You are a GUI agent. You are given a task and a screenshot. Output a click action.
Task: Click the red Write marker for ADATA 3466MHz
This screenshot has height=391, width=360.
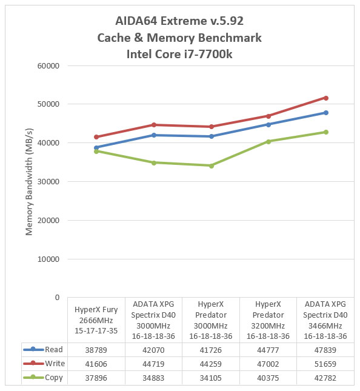pyautogui.click(x=325, y=98)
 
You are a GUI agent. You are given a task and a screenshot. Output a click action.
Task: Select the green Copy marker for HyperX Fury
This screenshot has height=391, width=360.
pyautogui.click(x=96, y=152)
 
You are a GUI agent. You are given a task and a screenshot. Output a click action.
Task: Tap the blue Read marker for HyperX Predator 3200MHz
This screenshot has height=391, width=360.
pyautogui.click(x=268, y=124)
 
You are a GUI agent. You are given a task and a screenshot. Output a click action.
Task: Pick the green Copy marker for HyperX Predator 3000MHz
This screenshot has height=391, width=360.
pyautogui.click(x=211, y=166)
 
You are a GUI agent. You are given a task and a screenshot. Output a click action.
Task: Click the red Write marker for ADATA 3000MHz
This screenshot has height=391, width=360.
pyautogui.click(x=154, y=125)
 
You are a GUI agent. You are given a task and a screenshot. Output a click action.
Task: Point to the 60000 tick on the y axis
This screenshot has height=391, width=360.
pyautogui.click(x=48, y=66)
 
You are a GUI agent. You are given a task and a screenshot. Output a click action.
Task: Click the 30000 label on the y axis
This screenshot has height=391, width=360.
pyautogui.click(x=48, y=181)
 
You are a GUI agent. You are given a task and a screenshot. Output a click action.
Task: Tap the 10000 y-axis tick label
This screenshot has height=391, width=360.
pyautogui.click(x=48, y=259)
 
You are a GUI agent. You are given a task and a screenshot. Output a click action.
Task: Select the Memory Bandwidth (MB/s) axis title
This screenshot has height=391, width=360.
pyautogui.click(x=29, y=181)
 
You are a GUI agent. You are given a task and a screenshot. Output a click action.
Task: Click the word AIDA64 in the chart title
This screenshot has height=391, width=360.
pyautogui.click(x=136, y=21)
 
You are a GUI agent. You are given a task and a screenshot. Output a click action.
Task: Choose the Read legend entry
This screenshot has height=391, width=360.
pyautogui.click(x=43, y=349)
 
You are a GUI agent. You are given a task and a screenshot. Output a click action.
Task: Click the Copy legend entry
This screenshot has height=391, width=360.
pyautogui.click(x=43, y=378)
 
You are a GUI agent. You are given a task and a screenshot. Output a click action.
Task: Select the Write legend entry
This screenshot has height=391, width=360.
pyautogui.click(x=44, y=363)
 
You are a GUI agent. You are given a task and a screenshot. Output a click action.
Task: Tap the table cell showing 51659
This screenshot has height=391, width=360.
pyautogui.click(x=325, y=364)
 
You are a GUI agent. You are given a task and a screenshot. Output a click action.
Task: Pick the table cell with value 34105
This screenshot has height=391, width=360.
pyautogui.click(x=211, y=378)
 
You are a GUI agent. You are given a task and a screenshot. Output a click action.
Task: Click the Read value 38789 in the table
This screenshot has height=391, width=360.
pyautogui.click(x=96, y=350)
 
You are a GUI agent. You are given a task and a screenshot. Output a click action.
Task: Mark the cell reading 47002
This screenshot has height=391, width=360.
pyautogui.click(x=268, y=364)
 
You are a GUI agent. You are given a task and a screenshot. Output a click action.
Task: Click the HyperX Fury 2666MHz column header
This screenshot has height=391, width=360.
pyautogui.click(x=96, y=320)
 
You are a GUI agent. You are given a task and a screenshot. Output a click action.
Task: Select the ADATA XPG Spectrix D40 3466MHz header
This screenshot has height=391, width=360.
pyautogui.click(x=325, y=320)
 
